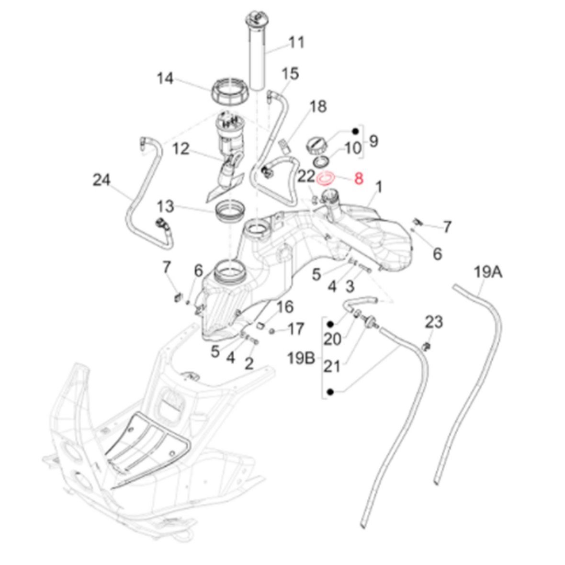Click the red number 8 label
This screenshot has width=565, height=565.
click(359, 180)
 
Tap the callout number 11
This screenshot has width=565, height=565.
click(297, 43)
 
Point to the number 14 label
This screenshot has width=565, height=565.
click(166, 78)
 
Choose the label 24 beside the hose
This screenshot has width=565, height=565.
click(102, 181)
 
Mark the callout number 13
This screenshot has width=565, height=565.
click(165, 207)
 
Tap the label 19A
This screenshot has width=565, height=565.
click(488, 273)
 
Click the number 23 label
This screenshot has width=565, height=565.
click(434, 322)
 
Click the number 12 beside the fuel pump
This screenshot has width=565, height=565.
click(182, 149)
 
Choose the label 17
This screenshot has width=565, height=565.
click(295, 329)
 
